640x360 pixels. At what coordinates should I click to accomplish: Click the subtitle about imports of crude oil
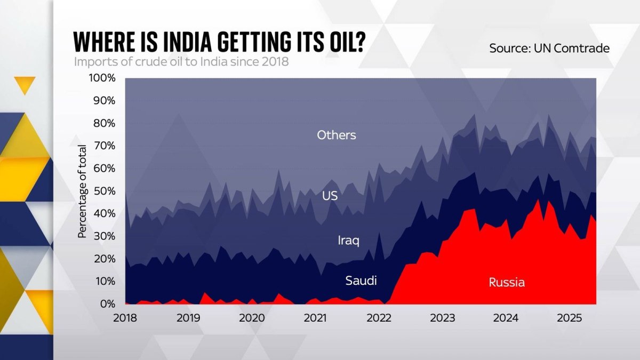(181, 61)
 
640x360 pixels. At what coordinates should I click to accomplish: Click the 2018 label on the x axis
(125, 318)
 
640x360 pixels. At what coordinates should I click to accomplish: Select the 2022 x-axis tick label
(379, 318)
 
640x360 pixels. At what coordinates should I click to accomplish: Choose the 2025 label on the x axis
(569, 318)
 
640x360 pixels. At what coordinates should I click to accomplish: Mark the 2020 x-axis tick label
(252, 318)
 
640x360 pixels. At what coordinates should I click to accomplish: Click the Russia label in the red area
(507, 282)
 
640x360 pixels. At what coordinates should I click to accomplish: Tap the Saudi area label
(361, 280)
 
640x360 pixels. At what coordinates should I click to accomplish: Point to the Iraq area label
(348, 241)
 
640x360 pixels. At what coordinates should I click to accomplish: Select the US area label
(330, 196)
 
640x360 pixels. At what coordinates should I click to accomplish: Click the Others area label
(336, 135)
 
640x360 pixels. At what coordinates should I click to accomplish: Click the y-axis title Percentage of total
(82, 191)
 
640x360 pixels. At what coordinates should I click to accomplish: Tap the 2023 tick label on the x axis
(442, 318)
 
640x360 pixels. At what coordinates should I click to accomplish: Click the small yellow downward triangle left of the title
(25, 85)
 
